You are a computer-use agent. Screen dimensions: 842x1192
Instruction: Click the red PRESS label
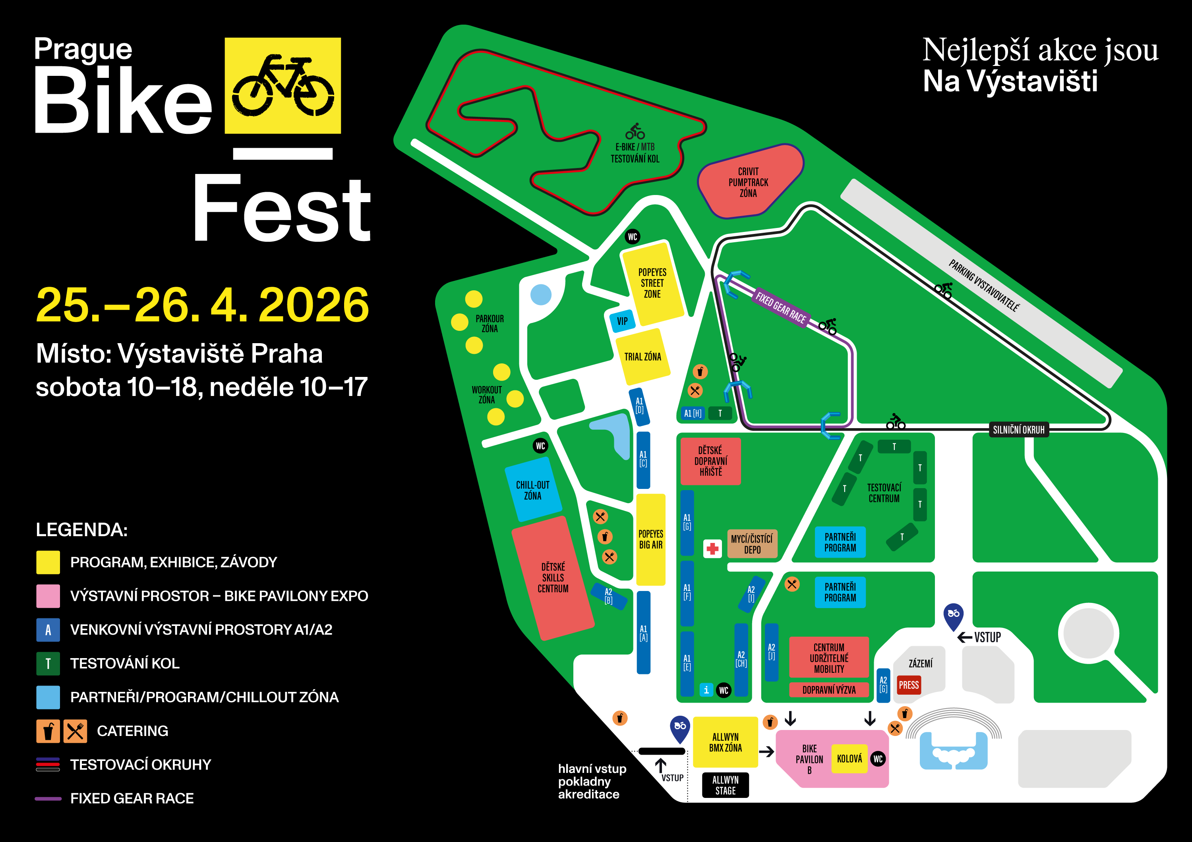909,685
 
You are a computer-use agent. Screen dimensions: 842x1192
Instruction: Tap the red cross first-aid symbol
712,548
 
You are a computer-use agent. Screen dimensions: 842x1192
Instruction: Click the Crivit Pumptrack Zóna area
748,182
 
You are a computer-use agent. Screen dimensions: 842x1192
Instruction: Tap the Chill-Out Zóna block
533,490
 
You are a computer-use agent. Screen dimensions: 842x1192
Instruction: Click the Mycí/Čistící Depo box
752,544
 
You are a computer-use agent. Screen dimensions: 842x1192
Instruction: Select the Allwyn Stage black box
725,785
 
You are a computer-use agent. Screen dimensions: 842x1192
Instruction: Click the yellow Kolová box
849,759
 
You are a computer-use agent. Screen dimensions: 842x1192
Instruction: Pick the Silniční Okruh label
1019,430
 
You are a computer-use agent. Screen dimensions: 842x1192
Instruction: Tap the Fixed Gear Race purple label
781,307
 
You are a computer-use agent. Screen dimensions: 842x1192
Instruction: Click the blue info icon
706,689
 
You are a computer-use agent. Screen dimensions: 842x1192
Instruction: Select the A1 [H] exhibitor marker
693,413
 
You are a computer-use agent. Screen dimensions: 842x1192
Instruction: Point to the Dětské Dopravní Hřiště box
710,461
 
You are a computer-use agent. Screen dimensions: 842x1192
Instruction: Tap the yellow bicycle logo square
283,86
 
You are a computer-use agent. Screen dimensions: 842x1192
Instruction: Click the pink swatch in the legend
48,596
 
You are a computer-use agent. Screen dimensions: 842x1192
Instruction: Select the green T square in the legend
48,663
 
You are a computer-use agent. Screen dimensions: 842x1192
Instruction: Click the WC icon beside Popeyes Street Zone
632,237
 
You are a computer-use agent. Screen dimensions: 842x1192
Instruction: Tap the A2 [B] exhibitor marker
608,597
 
